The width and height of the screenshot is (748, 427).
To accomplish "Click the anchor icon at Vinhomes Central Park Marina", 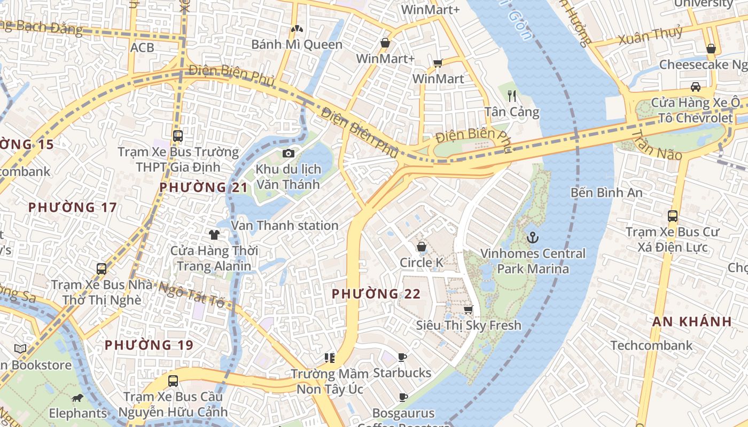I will tap(532, 238).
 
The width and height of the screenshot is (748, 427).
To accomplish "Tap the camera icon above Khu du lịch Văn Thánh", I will tap(289, 154).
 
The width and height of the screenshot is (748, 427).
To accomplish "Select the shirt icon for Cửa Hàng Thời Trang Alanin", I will tap(214, 234).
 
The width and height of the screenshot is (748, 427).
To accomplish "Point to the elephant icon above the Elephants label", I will tap(77, 398).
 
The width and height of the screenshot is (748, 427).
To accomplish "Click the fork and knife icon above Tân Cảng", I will tap(512, 96).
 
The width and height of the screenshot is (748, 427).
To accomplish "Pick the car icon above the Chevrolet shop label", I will tap(696, 86).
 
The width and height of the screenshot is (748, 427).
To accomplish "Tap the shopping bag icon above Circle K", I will tap(422, 247).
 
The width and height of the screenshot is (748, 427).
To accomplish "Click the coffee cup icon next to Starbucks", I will tap(402, 357).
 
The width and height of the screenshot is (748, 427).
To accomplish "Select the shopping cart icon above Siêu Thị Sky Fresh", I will tap(469, 310).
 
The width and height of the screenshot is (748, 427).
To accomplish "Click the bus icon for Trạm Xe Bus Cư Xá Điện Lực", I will tap(673, 216).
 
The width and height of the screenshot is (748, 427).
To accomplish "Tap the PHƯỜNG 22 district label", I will tap(376, 294).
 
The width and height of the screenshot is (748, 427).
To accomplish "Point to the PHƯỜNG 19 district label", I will tap(149, 345).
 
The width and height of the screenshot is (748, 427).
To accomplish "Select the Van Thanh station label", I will tap(285, 226).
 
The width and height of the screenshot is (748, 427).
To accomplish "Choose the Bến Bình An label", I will tap(606, 192).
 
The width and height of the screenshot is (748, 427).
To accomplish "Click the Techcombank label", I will tap(651, 345).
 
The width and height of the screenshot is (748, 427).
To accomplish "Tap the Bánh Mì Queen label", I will tap(297, 44).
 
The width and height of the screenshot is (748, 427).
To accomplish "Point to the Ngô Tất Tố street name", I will tap(192, 295).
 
